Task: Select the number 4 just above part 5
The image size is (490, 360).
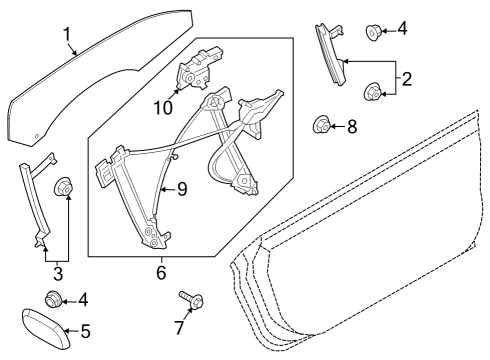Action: (x=83, y=298)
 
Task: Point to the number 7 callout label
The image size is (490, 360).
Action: (x=179, y=327)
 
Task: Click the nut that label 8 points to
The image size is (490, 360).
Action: (x=322, y=126)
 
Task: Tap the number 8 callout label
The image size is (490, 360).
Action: (x=352, y=127)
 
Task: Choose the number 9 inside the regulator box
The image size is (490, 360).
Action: (x=183, y=188)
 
